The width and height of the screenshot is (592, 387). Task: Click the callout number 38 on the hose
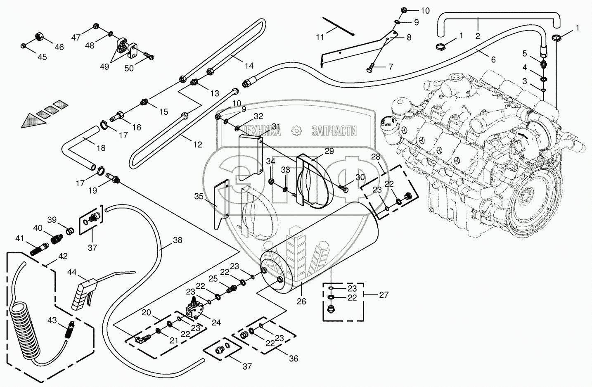click(178, 240)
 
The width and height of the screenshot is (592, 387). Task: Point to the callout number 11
click(320, 37)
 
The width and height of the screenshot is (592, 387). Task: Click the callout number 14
click(249, 66)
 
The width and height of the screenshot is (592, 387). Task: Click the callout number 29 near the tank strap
click(329, 151)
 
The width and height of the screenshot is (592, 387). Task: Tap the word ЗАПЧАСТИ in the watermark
click(334, 131)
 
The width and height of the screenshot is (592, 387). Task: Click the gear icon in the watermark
click(296, 131)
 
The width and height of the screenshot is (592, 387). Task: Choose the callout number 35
click(199, 197)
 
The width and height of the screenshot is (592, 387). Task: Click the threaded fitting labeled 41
click(40, 249)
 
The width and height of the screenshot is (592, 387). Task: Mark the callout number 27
click(384, 294)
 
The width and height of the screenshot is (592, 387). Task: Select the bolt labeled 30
click(343, 188)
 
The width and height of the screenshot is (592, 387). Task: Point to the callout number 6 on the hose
click(493, 60)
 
